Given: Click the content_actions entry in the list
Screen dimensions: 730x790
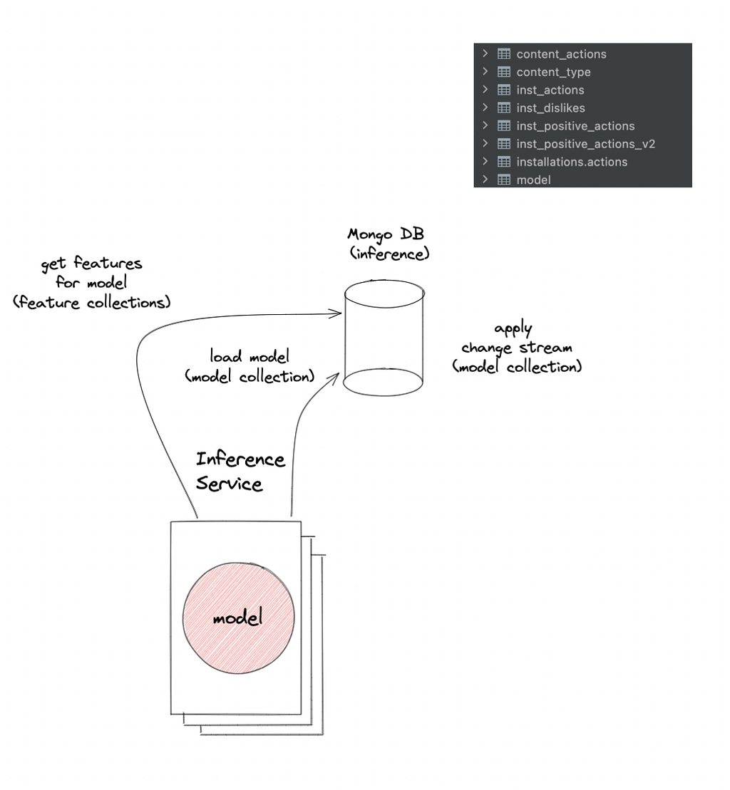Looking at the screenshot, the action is tap(561, 54).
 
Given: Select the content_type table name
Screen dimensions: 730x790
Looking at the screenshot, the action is tap(553, 72).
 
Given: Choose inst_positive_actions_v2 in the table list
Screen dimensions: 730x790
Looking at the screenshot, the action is tap(585, 144).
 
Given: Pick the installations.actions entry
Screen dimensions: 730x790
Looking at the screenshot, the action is tap(572, 162).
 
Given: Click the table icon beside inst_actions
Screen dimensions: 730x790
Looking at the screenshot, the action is tap(503, 90).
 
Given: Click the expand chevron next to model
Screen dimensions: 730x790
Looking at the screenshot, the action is tap(485, 180).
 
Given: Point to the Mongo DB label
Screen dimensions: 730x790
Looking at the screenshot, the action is tap(386, 234).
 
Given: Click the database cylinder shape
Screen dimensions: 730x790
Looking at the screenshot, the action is tap(384, 338).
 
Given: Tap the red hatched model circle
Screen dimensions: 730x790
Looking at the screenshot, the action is tap(238, 618).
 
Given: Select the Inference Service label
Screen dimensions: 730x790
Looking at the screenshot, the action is tap(240, 471).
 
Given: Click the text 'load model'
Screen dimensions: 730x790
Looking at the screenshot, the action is tap(250, 356).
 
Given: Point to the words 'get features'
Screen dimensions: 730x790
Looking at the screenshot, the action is tap(91, 264).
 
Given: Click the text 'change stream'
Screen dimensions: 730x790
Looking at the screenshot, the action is tap(517, 348).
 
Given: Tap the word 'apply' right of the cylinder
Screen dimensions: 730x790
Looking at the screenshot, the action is tap(513, 329).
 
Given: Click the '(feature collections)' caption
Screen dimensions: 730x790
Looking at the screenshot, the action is tap(92, 302).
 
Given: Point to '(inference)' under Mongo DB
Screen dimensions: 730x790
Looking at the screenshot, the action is tap(389, 254).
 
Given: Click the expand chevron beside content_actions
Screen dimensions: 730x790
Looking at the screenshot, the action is tap(485, 53).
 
